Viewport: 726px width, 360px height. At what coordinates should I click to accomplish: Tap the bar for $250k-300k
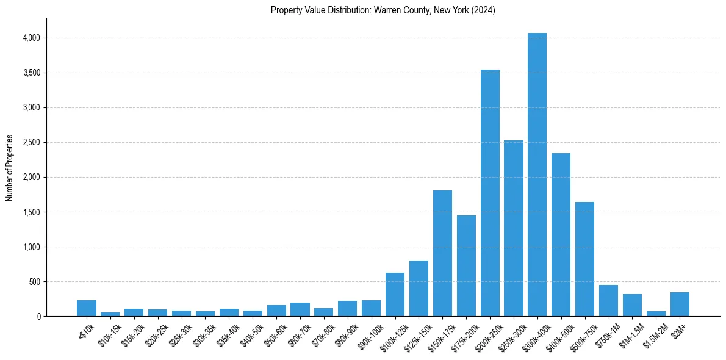[x=514, y=228]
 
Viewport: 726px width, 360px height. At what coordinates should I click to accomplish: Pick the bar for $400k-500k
[x=561, y=235]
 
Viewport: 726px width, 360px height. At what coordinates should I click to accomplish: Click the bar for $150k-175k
[x=442, y=253]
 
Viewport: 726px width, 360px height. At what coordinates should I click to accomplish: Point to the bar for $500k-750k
[x=584, y=259]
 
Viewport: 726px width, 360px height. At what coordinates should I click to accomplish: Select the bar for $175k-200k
[x=466, y=266]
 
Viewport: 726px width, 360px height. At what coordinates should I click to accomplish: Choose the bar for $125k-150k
[x=419, y=289]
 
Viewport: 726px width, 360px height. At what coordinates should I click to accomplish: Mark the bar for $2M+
[x=680, y=304]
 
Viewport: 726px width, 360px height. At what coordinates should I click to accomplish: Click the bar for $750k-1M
[x=608, y=301]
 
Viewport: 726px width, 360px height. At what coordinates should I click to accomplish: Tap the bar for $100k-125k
[x=395, y=295]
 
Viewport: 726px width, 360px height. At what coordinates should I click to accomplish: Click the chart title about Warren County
[x=383, y=10]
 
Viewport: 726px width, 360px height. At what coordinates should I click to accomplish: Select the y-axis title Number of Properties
[x=10, y=168]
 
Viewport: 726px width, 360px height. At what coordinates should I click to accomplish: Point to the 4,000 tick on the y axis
[x=31, y=38]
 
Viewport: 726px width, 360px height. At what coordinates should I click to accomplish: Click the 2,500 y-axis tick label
[x=31, y=143]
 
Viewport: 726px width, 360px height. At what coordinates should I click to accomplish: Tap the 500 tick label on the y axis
[x=34, y=282]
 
